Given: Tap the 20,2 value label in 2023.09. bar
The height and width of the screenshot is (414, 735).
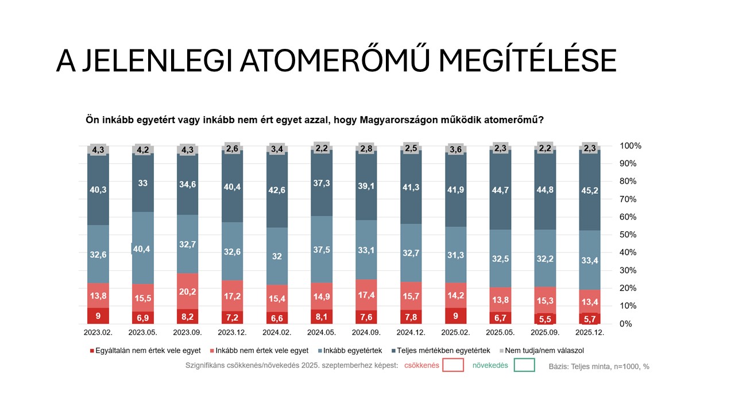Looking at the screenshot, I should coord(187,291).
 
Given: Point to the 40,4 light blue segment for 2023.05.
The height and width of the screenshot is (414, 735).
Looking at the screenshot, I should coord(142,248).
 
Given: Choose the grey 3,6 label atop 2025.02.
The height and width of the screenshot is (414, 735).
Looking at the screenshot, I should coord(455,149).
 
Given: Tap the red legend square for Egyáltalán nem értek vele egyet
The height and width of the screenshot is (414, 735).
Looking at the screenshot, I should coord(93,350).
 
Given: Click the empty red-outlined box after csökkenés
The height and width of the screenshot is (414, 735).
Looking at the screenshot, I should coord(453,365).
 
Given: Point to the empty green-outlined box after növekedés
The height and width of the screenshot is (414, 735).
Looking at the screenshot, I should coord(524,365).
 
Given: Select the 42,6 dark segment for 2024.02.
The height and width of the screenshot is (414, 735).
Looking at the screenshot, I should coord(277,189).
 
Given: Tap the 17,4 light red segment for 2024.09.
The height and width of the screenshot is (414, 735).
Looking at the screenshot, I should coord(366,294).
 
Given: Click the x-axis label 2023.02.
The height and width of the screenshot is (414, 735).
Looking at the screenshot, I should coord(98,332).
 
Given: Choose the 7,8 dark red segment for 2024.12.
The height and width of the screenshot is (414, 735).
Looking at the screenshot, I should coord(411,317).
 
